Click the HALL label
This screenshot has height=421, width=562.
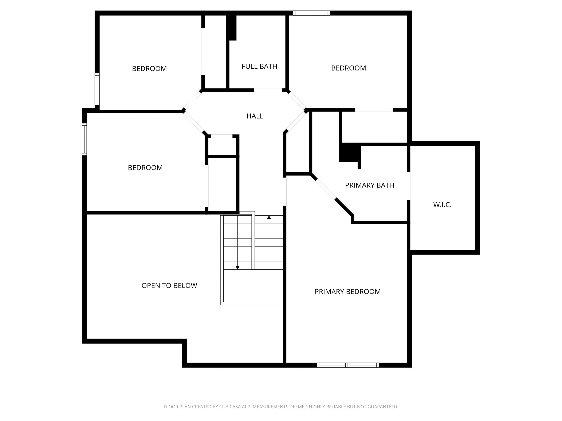pos(255,116)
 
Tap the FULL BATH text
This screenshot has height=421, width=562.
pos(259,67)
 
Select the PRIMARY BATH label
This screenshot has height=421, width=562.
pos(369,185)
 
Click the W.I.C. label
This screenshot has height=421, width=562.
pos(442,205)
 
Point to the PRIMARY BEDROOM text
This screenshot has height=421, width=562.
pos(347,292)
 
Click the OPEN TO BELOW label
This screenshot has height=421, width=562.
pos(169,285)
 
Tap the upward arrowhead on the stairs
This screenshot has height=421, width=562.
pos(269,217)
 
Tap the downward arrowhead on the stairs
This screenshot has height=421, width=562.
pos(237,268)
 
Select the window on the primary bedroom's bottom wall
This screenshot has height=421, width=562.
pos(347,365)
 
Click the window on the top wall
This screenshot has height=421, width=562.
pos(311,13)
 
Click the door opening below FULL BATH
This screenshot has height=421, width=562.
pos(268,90)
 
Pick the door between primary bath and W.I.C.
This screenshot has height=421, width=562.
pos(409,186)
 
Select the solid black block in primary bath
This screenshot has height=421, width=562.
pos(349,152)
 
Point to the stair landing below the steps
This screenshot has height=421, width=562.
pos(253,285)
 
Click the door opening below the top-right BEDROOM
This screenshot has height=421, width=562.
pos(374,110)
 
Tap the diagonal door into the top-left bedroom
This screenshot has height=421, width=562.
pos(193,100)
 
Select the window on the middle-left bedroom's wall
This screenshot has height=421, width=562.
pos(84,139)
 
